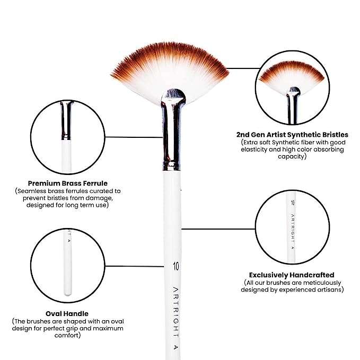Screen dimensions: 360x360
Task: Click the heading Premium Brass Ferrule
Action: pyautogui.click(x=68, y=183)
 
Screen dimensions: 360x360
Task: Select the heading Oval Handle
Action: pyautogui.click(x=67, y=314)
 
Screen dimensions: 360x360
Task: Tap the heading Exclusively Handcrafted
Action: pyautogui.click(x=292, y=275)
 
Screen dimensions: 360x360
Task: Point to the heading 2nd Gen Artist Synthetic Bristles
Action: pyautogui.click(x=292, y=135)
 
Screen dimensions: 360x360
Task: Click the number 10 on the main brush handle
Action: pyautogui.click(x=176, y=266)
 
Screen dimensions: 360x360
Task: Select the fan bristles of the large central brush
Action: pyautogui.click(x=170, y=71)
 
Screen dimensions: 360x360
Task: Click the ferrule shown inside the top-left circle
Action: pyautogui.click(x=66, y=120)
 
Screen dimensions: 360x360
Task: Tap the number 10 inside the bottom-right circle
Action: pyautogui.click(x=293, y=203)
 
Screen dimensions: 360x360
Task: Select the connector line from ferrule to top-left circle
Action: pyautogui.click(x=134, y=137)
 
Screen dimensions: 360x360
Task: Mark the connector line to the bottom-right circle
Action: pyautogui.click(x=218, y=229)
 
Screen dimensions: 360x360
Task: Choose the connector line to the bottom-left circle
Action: pyautogui.click(x=134, y=266)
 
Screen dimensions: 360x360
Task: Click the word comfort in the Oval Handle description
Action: pyautogui.click(x=67, y=336)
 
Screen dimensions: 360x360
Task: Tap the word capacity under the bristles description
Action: pyautogui.click(x=291, y=156)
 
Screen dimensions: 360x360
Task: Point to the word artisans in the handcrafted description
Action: pyautogui.click(x=330, y=289)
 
